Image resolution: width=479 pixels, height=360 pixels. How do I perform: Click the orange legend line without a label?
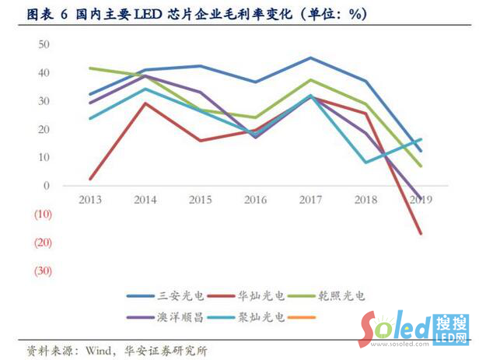pyautogui.click(x=302, y=316)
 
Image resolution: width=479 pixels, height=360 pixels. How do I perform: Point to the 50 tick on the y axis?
pyautogui.click(x=44, y=44)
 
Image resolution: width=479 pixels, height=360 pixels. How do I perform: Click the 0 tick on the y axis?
pyautogui.click(x=47, y=186)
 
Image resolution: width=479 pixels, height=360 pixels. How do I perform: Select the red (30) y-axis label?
pyautogui.click(x=42, y=271)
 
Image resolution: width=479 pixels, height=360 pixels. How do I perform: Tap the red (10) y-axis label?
pyautogui.click(x=42, y=214)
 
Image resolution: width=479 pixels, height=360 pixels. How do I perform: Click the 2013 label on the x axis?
pyautogui.click(x=91, y=199)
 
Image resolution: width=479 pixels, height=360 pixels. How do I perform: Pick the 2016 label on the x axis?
pyautogui.click(x=255, y=199)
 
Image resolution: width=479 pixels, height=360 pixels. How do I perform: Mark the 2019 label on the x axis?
pyautogui.click(x=420, y=199)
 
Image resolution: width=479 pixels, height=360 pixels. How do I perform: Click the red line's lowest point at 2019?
pyautogui.click(x=421, y=233)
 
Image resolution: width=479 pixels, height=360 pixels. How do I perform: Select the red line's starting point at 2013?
pyautogui.click(x=91, y=179)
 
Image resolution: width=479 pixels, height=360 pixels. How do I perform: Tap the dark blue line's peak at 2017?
pyautogui.click(x=310, y=58)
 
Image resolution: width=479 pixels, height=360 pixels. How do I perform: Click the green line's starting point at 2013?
pyautogui.click(x=91, y=68)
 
